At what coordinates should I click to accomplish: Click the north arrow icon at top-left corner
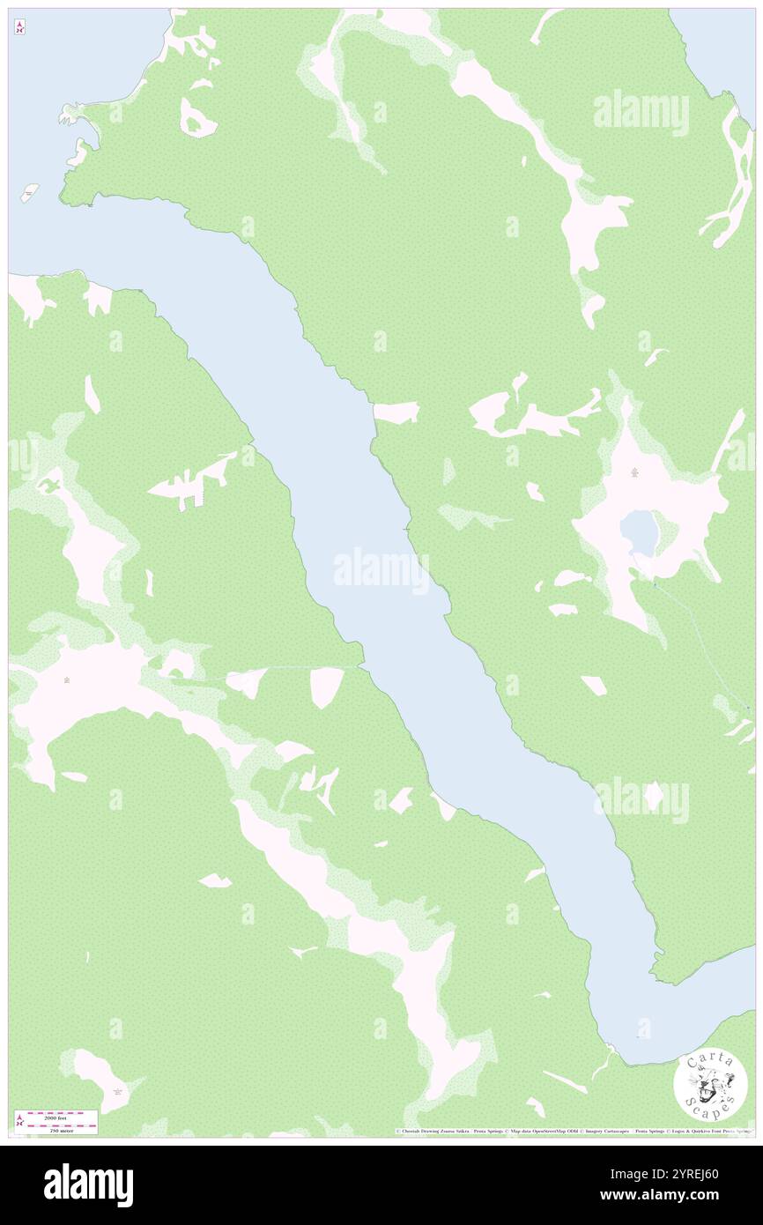tap(19, 28)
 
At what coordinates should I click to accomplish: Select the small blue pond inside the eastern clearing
tap(638, 532)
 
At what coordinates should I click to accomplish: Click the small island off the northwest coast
tap(30, 191)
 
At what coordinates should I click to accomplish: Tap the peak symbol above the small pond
tap(634, 474)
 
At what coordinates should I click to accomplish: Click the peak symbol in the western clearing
tap(68, 679)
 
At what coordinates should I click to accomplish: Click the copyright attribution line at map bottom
tap(573, 1131)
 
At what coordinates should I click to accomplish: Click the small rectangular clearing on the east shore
tap(396, 412)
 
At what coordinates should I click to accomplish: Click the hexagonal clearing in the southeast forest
tap(653, 797)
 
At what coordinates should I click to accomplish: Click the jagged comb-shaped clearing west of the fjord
tap(194, 480)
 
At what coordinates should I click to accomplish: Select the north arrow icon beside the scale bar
tap(19, 1122)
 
